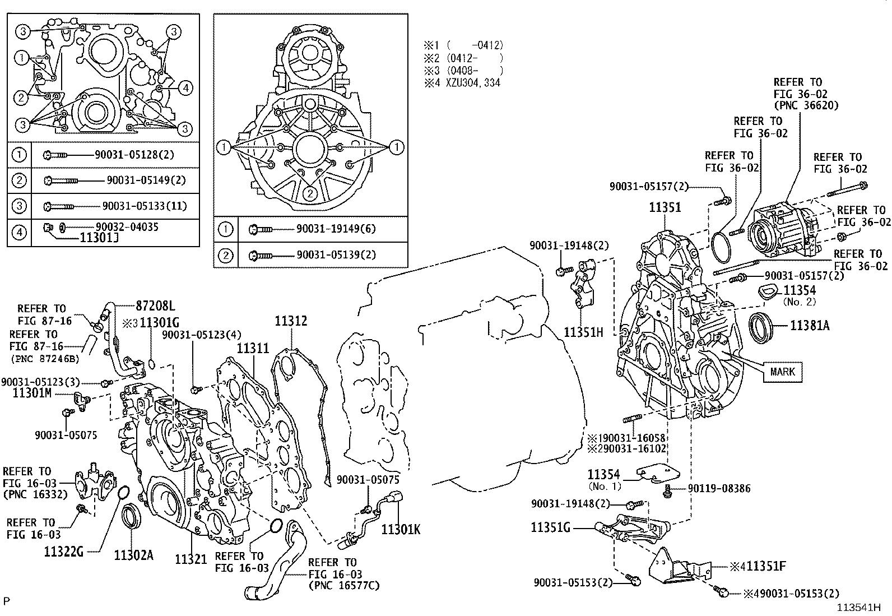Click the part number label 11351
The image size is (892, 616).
pos(665,207)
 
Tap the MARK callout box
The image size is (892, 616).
pos(782,372)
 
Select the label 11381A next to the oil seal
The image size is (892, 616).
pos(810,325)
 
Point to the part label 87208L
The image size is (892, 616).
pos(155,306)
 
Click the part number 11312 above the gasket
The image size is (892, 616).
pos(291,321)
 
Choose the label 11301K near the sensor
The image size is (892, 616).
pos(401,529)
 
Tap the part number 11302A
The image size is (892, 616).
pos(133,555)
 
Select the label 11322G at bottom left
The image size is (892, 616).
pos(64,551)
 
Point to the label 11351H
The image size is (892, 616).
pos(583,332)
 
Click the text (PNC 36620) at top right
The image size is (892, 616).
pos(806,105)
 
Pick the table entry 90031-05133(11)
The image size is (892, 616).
pos(145,206)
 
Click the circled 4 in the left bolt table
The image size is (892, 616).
pos(20,231)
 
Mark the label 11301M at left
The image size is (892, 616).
pos(32,393)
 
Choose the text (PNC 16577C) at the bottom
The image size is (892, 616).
pos(343,586)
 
